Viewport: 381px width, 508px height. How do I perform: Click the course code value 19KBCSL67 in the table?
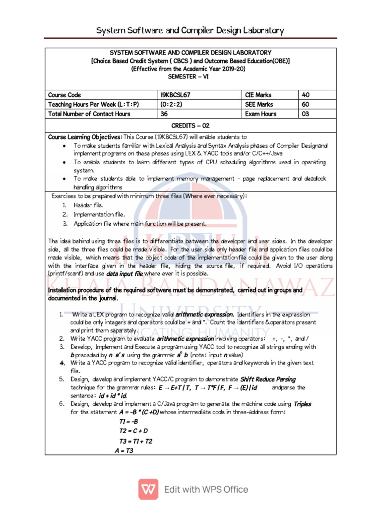pos(177,95)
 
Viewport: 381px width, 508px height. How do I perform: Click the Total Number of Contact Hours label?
pos(89,114)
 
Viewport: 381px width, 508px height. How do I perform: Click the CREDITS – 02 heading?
pos(190,126)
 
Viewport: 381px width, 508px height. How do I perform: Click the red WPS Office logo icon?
pos(147,489)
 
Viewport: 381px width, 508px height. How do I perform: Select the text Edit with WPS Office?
pos(206,490)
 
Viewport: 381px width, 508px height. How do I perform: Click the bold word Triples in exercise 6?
pos(303,404)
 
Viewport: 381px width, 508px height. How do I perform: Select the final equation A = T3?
pos(124,450)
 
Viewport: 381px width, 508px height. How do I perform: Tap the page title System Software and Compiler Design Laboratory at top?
pos(190,30)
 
